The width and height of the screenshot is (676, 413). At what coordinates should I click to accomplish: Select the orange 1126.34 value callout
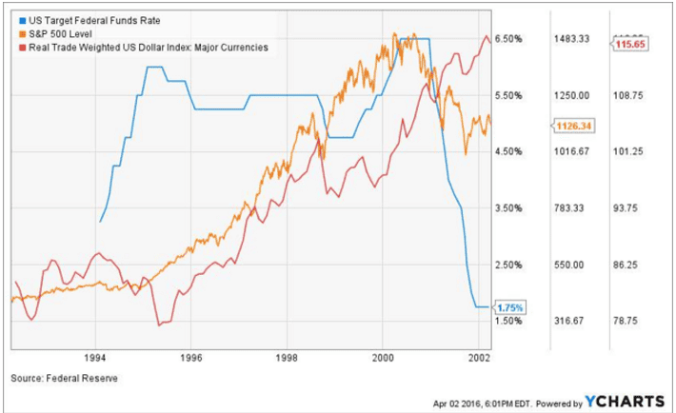pos(573,125)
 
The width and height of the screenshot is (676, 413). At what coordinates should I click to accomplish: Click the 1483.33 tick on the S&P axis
pos(572,39)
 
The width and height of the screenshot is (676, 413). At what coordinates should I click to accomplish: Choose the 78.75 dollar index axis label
pos(626,322)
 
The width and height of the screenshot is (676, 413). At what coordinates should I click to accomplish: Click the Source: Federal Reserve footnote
pos(66,379)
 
